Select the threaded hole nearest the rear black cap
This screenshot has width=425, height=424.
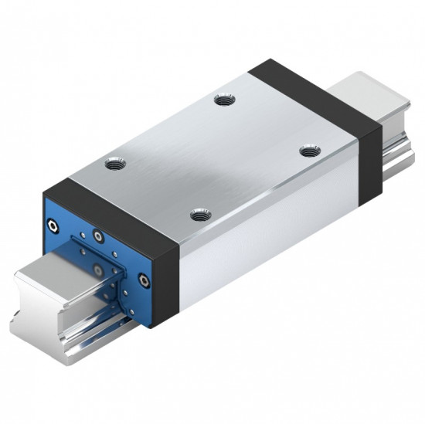coord(224,100)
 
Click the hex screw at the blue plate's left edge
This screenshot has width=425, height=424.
coord(52,226)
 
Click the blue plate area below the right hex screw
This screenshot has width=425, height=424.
coord(139,305)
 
